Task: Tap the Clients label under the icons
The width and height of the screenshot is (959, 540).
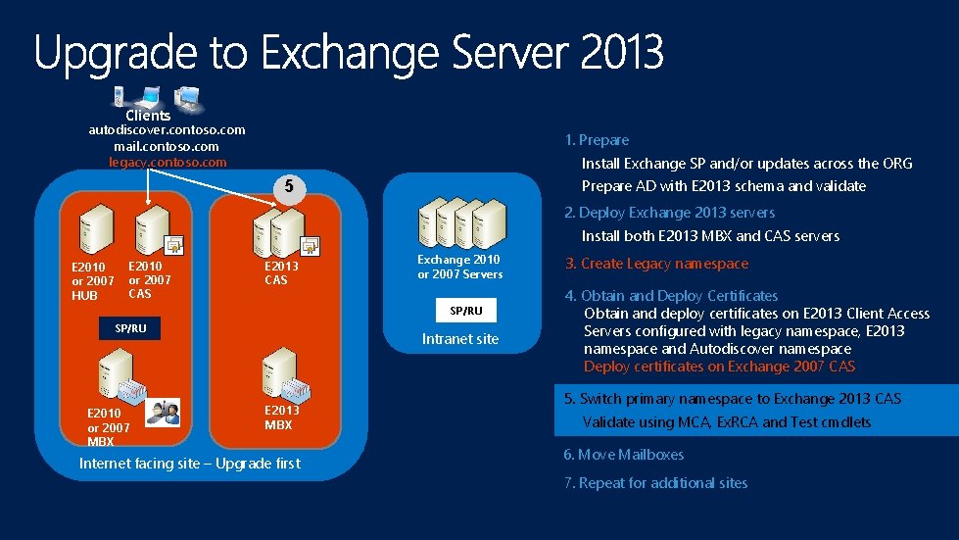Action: pos(148,115)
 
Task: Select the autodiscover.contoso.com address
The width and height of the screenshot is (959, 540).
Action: pos(167,129)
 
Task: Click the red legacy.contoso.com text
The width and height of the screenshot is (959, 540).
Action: pos(167,162)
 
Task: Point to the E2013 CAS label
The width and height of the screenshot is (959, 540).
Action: pos(281,272)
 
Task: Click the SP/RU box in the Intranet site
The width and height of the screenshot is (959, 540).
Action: pos(466,310)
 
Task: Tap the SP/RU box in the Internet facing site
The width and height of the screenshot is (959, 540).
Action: pos(130,328)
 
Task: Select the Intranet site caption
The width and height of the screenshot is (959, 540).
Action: pos(459,339)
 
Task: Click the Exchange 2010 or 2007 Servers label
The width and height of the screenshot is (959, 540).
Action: pos(459,267)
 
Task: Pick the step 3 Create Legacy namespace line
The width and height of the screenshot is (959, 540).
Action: pos(656,264)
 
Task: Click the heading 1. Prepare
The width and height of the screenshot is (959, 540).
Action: pos(597,140)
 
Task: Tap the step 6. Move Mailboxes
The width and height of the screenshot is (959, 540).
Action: pos(623,455)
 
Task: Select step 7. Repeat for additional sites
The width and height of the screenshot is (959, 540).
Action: pos(654,483)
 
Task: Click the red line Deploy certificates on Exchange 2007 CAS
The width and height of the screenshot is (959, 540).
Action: pos(719,367)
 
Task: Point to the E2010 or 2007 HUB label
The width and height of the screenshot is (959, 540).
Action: pos(93,280)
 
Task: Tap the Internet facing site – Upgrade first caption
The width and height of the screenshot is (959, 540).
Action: pos(189,464)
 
